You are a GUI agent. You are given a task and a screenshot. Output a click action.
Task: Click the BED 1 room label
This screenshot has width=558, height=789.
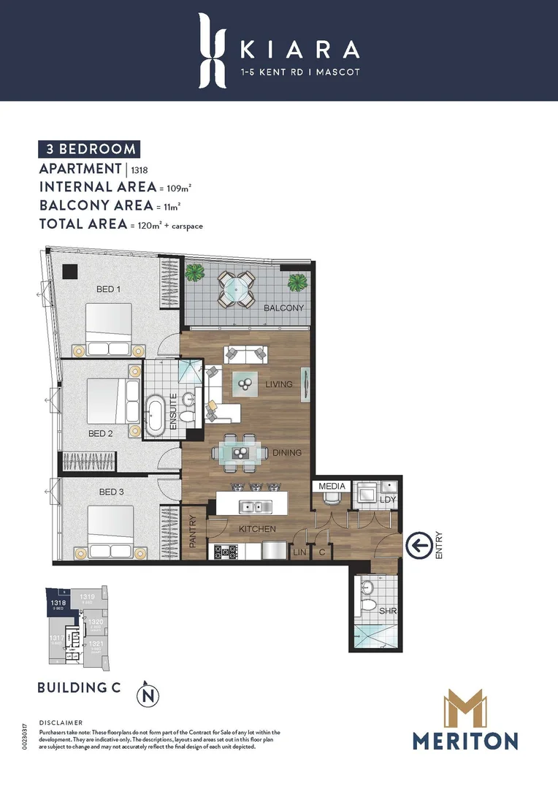click(x=108, y=289)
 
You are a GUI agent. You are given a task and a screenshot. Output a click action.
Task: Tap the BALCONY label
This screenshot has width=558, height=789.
click(x=283, y=308)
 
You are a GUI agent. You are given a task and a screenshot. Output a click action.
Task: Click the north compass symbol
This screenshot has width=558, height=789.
click(x=148, y=694)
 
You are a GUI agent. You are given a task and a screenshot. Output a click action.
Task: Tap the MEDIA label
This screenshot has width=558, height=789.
click(x=332, y=485)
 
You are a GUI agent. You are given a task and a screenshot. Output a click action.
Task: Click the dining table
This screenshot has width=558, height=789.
click(x=240, y=453)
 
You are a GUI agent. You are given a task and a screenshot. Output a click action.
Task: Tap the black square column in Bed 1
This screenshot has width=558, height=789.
click(x=69, y=271)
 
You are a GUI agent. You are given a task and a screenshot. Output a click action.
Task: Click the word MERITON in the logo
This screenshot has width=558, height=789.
click(x=465, y=740)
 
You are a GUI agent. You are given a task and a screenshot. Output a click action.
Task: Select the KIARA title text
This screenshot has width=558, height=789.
click(x=299, y=49)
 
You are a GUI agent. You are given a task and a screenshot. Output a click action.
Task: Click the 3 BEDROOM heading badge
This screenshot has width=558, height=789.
click(x=88, y=149)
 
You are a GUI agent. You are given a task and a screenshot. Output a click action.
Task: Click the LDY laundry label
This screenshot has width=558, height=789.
click(x=387, y=499)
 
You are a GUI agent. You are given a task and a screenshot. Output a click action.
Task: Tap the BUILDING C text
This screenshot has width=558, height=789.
click(x=79, y=687)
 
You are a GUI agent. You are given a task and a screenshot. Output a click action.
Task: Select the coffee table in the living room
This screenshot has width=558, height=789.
click(x=245, y=382)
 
